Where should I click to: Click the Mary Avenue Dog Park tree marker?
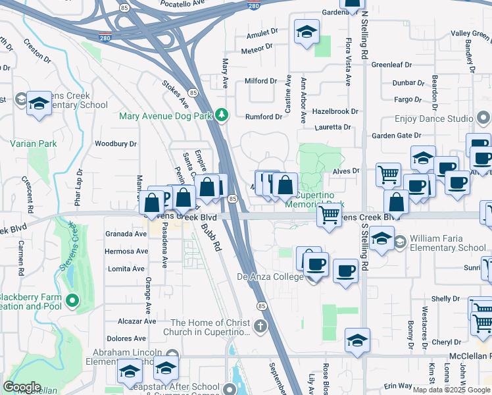[x=222, y=115]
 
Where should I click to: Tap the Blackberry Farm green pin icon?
[x=73, y=302]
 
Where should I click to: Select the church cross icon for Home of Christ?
[x=261, y=326]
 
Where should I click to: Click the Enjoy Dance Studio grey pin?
[x=483, y=119]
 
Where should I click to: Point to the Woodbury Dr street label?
[x=115, y=144]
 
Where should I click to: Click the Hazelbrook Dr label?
[x=335, y=113]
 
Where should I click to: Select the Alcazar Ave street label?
[x=136, y=321]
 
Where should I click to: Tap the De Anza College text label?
[x=270, y=277]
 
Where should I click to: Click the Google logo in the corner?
[x=22, y=387]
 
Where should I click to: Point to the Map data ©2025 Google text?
[x=451, y=390]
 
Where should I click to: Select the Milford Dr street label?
[x=260, y=81]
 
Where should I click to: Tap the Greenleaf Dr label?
[x=391, y=65]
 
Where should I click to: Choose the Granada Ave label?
[x=126, y=234]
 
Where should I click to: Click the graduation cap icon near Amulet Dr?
[x=306, y=32]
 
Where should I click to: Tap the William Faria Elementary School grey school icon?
[x=399, y=242]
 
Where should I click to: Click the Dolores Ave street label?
[x=126, y=338]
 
